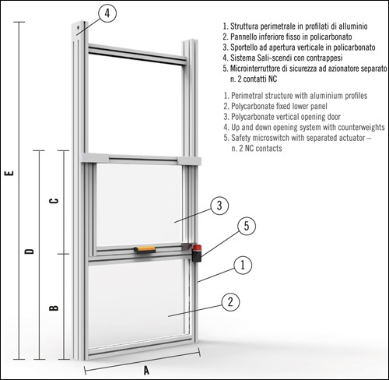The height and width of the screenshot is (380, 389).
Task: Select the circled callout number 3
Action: (220, 206)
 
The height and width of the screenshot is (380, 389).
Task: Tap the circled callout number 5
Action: (246, 227)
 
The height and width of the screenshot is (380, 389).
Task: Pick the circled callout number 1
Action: (243, 265)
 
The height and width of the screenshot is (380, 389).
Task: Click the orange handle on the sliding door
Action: (145, 250)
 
